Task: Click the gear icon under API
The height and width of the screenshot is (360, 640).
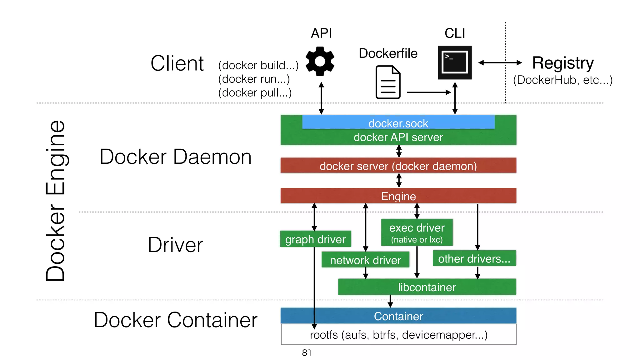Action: click(320, 61)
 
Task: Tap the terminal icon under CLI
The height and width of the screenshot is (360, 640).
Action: click(454, 62)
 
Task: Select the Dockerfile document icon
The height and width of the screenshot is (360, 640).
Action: click(388, 82)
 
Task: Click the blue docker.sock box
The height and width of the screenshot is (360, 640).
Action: click(398, 122)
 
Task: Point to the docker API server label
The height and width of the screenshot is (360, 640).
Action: click(398, 137)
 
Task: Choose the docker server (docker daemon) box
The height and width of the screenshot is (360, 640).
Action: click(398, 166)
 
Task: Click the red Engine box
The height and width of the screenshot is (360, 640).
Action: click(398, 196)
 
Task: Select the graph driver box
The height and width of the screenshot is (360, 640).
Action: click(315, 239)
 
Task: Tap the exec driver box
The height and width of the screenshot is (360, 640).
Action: click(417, 232)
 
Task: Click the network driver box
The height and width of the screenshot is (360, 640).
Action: click(365, 260)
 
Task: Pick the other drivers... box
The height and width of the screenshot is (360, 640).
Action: click(474, 258)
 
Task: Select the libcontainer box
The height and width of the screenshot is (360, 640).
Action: click(427, 287)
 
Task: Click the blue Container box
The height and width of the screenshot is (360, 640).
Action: click(398, 316)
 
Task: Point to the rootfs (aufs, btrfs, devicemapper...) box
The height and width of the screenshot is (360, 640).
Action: click(398, 335)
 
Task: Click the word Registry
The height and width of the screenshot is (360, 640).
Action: click(562, 63)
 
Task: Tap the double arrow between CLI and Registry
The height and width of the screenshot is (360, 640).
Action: click(500, 63)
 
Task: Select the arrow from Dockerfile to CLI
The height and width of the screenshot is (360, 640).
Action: click(428, 92)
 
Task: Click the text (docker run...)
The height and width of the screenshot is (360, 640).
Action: click(254, 79)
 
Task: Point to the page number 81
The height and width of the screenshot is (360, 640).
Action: click(306, 352)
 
